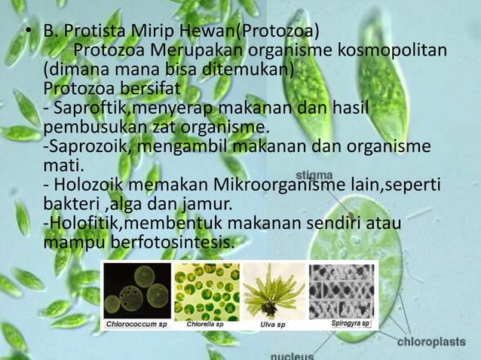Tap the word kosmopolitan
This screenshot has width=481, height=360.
click(391, 50)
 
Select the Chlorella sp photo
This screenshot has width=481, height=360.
click(207, 290)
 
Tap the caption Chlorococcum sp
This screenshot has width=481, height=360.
click(136, 324)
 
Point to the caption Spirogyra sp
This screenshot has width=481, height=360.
click(349, 323)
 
